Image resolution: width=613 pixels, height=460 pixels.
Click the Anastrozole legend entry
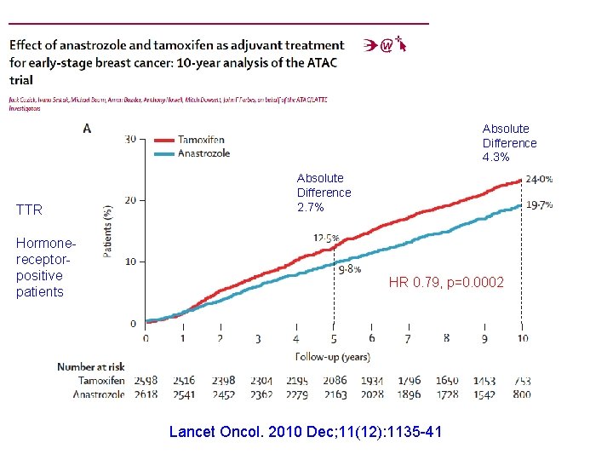point(204,153)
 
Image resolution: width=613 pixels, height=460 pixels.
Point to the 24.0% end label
point(539,180)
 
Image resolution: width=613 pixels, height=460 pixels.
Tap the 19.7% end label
point(539,205)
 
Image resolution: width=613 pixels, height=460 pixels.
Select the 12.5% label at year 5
point(326,239)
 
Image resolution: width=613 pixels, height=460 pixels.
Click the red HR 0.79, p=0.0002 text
point(446,282)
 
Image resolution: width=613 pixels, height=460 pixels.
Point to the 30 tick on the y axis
point(130,140)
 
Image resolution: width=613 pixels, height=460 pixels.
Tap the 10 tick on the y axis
point(130,262)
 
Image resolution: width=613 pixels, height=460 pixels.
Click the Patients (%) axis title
point(108,231)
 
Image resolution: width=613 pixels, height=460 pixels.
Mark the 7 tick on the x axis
point(409,339)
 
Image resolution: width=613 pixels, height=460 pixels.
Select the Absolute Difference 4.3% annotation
point(509,143)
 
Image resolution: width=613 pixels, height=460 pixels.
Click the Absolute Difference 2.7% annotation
point(324,193)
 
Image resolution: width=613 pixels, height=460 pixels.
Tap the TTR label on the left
point(29,210)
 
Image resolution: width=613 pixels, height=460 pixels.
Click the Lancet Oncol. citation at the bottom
point(306,432)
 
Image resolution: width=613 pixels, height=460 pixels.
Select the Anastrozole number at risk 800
point(521,394)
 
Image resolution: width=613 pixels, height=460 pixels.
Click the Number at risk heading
point(91,367)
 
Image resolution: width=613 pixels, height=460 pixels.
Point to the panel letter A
point(87,129)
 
